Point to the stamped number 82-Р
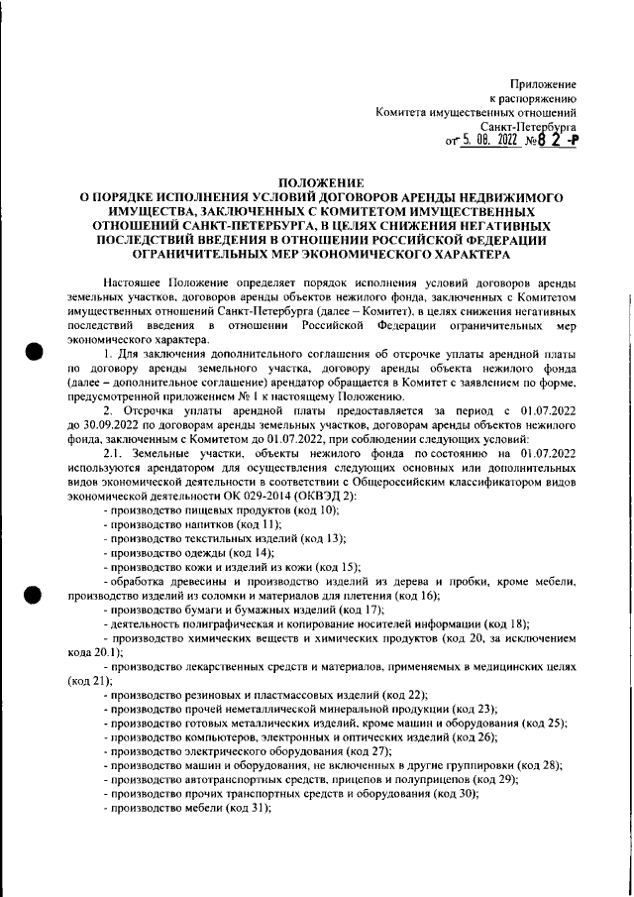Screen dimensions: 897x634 pos(559,141)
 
